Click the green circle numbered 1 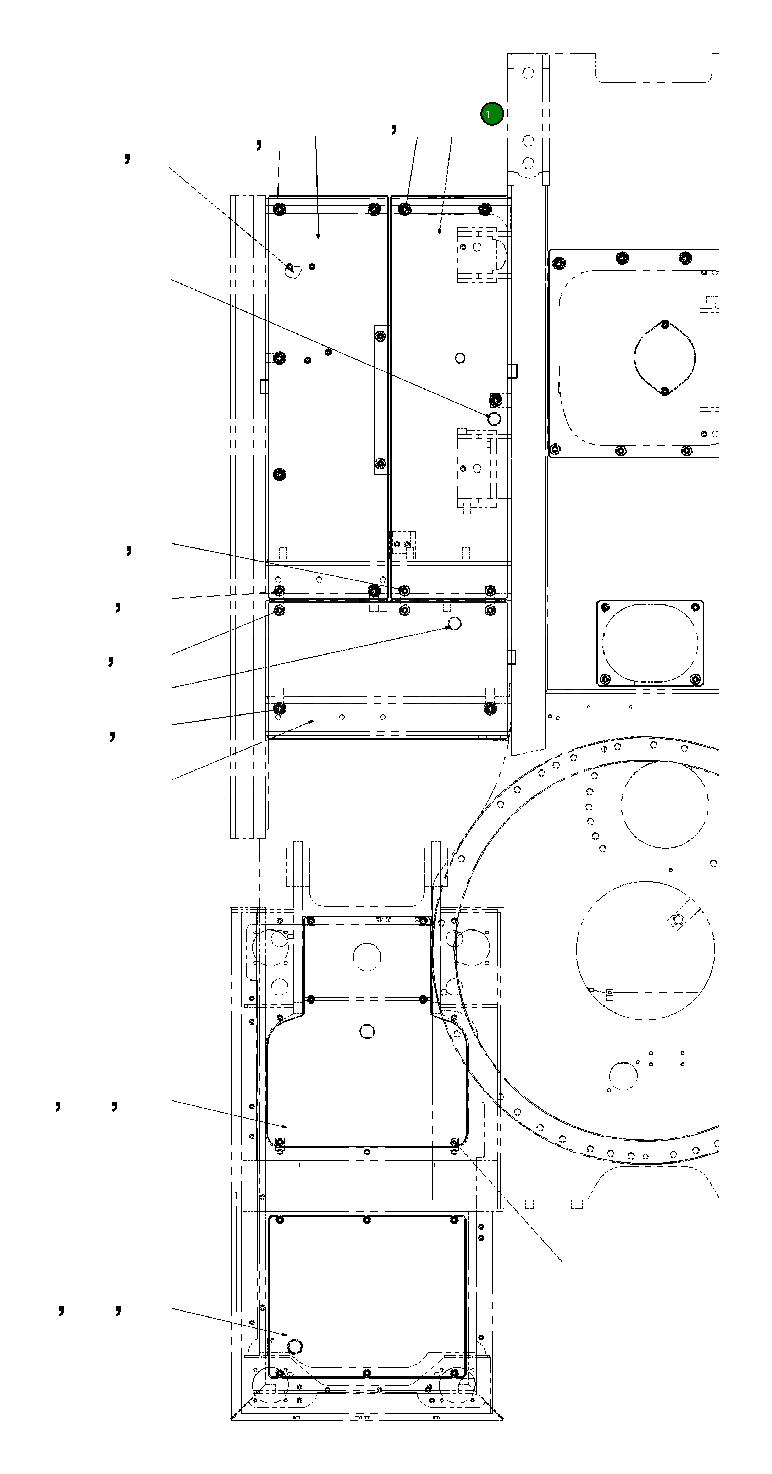pos(492,114)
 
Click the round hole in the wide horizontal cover pos(454,623)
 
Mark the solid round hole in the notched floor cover pos(367,1031)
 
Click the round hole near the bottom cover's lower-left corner pos(295,1346)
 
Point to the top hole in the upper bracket pos(528,73)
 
